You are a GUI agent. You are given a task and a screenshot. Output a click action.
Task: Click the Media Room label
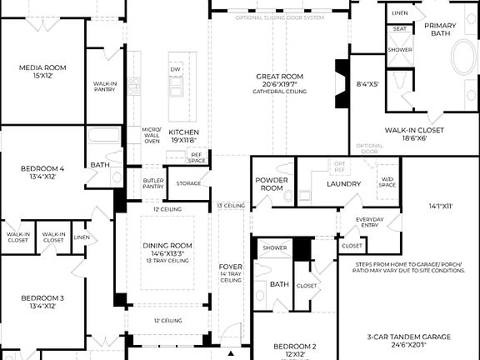point(42,67)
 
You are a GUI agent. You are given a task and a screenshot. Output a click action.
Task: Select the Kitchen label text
point(183,132)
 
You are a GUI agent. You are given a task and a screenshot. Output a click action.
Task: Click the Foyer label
point(230,267)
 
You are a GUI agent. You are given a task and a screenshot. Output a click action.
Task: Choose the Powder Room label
point(271,183)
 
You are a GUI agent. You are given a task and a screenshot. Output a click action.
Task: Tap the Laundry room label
point(343,183)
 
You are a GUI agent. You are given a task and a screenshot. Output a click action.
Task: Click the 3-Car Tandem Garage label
point(408,337)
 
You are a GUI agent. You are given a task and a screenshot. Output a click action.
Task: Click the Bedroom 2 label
point(295,346)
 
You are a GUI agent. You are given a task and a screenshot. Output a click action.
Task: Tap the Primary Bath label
point(441,30)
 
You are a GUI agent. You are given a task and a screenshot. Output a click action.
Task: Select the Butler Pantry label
point(152,183)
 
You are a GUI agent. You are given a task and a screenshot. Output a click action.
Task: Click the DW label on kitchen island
point(175,69)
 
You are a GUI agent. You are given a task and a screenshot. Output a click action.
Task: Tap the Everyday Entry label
point(370,222)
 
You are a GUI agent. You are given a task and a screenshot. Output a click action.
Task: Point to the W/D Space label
point(387,182)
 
